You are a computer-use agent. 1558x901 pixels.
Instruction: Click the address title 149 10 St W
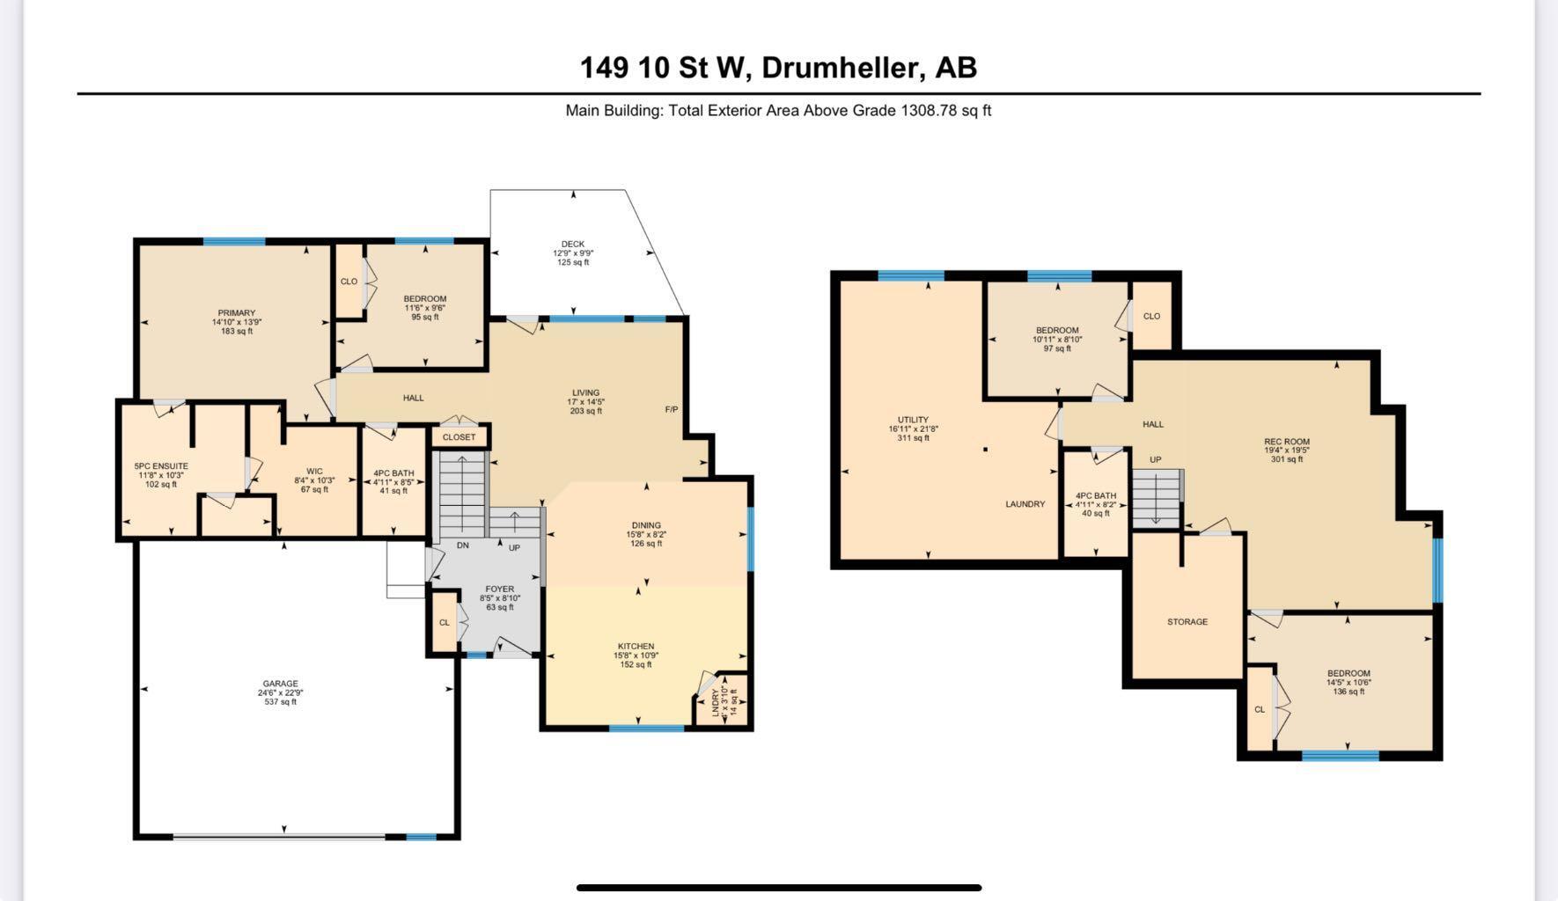pyautogui.click(x=778, y=68)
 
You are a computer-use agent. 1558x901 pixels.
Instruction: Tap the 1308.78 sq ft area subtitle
pyautogui.click(x=778, y=111)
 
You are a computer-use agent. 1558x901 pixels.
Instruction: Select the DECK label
pyautogui.click(x=573, y=245)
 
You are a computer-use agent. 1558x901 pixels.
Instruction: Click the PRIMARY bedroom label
pyautogui.click(x=237, y=313)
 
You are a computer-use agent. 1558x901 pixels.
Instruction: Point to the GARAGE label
pyautogui.click(x=280, y=684)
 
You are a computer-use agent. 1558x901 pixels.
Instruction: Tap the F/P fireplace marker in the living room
pyautogui.click(x=672, y=410)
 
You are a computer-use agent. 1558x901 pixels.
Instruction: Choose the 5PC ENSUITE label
pyautogui.click(x=161, y=466)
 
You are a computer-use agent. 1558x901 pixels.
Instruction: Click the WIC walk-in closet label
pyautogui.click(x=314, y=472)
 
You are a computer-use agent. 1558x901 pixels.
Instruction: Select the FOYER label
pyautogui.click(x=499, y=590)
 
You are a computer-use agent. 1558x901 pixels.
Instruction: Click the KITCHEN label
pyautogui.click(x=636, y=647)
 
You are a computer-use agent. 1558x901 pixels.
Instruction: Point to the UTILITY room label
pyautogui.click(x=913, y=421)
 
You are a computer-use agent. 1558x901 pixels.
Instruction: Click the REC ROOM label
pyautogui.click(x=1287, y=442)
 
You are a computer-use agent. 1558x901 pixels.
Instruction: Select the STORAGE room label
pyautogui.click(x=1187, y=622)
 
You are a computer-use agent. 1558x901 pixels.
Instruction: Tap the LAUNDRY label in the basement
pyautogui.click(x=1025, y=504)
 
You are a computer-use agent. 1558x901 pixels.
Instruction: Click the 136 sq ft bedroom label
pyautogui.click(x=1349, y=683)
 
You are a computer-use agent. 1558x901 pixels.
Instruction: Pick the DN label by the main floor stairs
pyautogui.click(x=463, y=546)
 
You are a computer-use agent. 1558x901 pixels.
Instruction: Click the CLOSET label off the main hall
pyautogui.click(x=459, y=437)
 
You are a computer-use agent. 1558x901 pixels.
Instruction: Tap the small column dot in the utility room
pyautogui.click(x=985, y=450)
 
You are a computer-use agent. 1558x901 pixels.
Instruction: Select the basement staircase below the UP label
pyautogui.click(x=1156, y=499)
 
